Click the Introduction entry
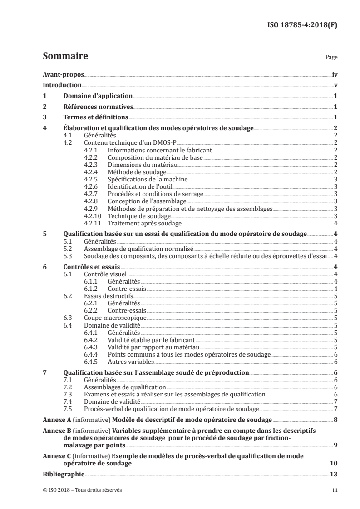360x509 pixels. (x=62, y=85)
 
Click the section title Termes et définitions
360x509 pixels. (x=95, y=118)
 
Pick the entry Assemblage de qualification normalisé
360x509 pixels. (x=139, y=248)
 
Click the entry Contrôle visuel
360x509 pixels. (x=105, y=274)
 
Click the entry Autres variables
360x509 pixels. (x=131, y=362)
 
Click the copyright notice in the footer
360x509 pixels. (x=82, y=490)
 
